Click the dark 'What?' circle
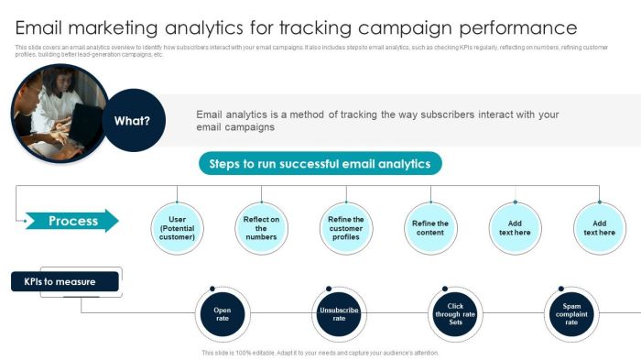[x=133, y=120]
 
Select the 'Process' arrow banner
[x=71, y=221]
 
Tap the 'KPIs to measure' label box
[x=65, y=282]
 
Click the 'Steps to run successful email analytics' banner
[x=320, y=164]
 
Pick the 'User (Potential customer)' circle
[x=177, y=228]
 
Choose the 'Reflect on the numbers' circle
[x=261, y=228]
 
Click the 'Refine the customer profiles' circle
[x=346, y=228]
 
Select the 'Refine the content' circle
[x=430, y=228]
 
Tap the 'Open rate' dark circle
[x=223, y=315]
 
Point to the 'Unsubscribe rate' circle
[x=339, y=315]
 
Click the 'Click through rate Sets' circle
[x=455, y=315]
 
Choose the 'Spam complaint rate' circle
[x=571, y=315]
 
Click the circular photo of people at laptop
[x=55, y=115]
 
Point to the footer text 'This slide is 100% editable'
[x=320, y=353]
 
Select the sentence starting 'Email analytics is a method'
[x=377, y=121]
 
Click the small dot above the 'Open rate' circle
[x=212, y=289]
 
